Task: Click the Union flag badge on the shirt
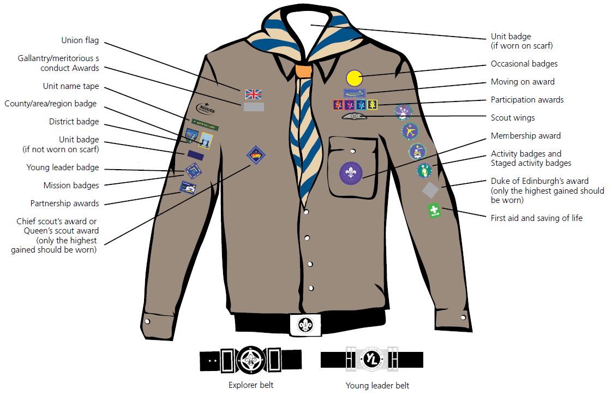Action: (254, 93)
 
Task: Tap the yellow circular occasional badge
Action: (353, 78)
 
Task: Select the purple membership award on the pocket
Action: (351, 172)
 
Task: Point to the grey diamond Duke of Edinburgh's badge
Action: (430, 189)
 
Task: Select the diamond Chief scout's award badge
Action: (256, 154)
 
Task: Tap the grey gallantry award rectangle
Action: (254, 107)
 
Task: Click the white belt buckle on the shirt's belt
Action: (305, 325)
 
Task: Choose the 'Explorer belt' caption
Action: (251, 385)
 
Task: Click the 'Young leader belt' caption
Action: (377, 386)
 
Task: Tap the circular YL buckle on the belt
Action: (372, 360)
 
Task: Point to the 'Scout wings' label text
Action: (513, 118)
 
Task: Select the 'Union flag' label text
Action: (80, 40)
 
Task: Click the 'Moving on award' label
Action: (523, 82)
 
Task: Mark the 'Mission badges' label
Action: (71, 185)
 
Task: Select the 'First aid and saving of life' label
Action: (537, 218)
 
